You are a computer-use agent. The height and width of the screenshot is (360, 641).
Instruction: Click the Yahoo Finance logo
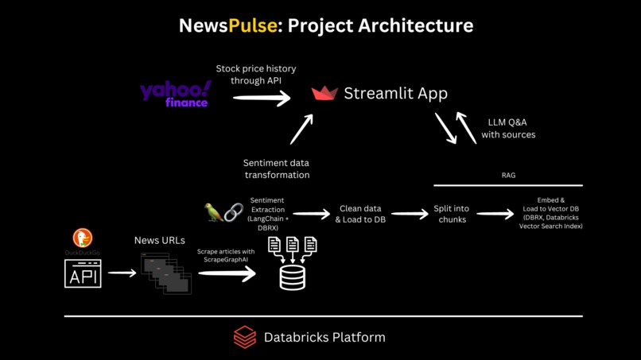coord(176,94)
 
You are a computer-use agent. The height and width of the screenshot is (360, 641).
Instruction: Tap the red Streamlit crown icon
coord(324,94)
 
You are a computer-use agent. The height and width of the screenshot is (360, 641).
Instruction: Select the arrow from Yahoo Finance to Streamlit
coord(262,99)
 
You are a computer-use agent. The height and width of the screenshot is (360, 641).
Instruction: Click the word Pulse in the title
coord(252,25)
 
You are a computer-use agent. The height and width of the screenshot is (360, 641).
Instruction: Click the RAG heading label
coord(508,175)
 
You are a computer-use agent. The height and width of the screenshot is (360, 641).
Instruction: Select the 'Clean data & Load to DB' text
coord(360,214)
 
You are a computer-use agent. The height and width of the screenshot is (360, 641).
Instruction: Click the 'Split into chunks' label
coord(451,214)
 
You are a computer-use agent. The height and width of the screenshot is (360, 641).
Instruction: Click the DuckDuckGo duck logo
coord(83,237)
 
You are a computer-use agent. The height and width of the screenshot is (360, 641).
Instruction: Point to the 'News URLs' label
coord(159,240)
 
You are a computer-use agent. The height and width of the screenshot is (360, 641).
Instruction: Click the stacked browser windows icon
coord(166,273)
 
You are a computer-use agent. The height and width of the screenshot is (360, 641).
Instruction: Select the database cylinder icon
coord(292,277)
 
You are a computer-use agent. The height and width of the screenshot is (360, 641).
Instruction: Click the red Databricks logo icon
coord(245,337)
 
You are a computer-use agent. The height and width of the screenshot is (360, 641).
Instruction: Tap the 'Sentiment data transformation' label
coord(277,168)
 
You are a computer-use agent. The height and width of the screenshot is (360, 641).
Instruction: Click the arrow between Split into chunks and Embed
coord(495,214)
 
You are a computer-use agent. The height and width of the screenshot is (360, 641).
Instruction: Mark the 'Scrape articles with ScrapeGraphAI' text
coord(226,256)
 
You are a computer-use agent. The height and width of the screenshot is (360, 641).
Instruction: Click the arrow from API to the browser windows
coord(122,273)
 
